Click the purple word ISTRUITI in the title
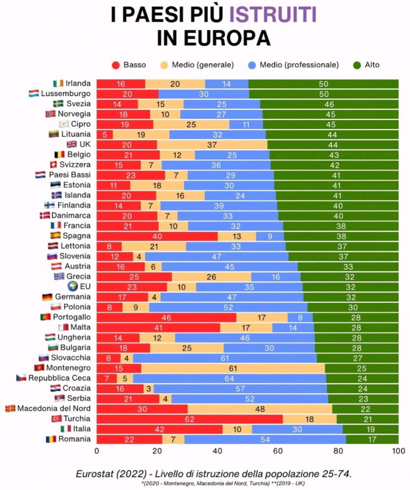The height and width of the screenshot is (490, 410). point(273,15)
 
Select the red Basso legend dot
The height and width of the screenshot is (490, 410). point(116,65)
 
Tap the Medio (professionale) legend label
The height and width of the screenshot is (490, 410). point(299,65)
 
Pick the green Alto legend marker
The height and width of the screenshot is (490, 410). point(357,65)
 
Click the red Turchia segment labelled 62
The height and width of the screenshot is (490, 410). point(190,419)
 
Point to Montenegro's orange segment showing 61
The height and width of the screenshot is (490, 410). point(233,368)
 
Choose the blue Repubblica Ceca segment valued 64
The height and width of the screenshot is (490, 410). point(229,378)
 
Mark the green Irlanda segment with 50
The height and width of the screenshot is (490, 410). point(323,84)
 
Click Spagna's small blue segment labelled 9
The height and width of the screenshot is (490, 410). point(270,236)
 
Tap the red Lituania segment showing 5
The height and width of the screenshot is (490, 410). point(105,134)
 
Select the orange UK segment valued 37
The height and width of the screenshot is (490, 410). point(212,144)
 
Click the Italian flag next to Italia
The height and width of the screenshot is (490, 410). point(66,429)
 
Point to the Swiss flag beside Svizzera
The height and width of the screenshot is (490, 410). point(53,164)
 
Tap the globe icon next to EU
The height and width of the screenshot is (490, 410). point(73,286)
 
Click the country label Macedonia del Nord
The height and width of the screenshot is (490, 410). point(54,408)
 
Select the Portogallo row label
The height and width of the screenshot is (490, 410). point(72,317)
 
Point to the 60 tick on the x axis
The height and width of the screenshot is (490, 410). point(278,451)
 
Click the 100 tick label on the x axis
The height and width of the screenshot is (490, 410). point(398,451)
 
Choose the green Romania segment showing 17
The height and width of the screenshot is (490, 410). point(372,439)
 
